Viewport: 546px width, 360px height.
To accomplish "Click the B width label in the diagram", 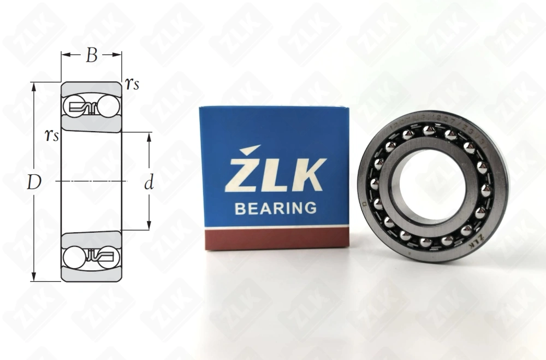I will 91,55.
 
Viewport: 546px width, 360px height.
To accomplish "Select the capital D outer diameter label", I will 34,184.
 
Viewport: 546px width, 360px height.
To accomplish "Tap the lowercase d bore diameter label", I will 149,184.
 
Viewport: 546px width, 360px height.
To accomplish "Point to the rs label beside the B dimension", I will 132,83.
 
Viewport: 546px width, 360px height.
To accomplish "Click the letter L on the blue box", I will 276,175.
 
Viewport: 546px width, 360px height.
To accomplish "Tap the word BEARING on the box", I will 275,208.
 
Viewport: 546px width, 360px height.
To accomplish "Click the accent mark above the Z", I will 252,149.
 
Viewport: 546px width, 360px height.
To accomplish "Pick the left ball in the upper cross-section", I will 75,105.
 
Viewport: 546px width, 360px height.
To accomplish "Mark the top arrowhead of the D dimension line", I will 34,86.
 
